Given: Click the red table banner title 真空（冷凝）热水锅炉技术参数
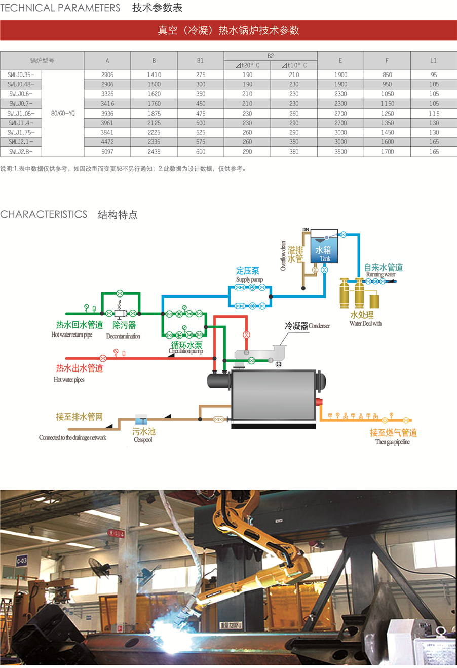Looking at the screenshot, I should pyautogui.click(x=228, y=30).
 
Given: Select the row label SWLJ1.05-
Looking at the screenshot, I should pyautogui.click(x=21, y=114).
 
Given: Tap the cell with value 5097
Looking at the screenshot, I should pyautogui.click(x=107, y=152).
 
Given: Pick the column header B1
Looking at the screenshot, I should pyautogui.click(x=201, y=60).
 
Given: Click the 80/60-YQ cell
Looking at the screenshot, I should pyautogui.click(x=63, y=114).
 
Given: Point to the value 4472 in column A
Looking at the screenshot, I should pyautogui.click(x=107, y=142).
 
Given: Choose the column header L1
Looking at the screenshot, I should pyautogui.click(x=434, y=60).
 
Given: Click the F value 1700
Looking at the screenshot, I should pyautogui.click(x=387, y=152).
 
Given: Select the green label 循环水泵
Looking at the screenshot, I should pyautogui.click(x=186, y=345).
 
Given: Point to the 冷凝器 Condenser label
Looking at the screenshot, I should pyautogui.click(x=307, y=326).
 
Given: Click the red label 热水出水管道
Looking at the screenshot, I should pyautogui.click(x=80, y=368).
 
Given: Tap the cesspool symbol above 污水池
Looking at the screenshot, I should pyautogui.click(x=141, y=419).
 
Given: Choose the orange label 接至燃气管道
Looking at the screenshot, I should pyautogui.click(x=393, y=433).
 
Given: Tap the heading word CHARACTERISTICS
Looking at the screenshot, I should pyautogui.click(x=44, y=214).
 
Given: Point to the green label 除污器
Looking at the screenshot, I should pyautogui.click(x=124, y=325).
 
